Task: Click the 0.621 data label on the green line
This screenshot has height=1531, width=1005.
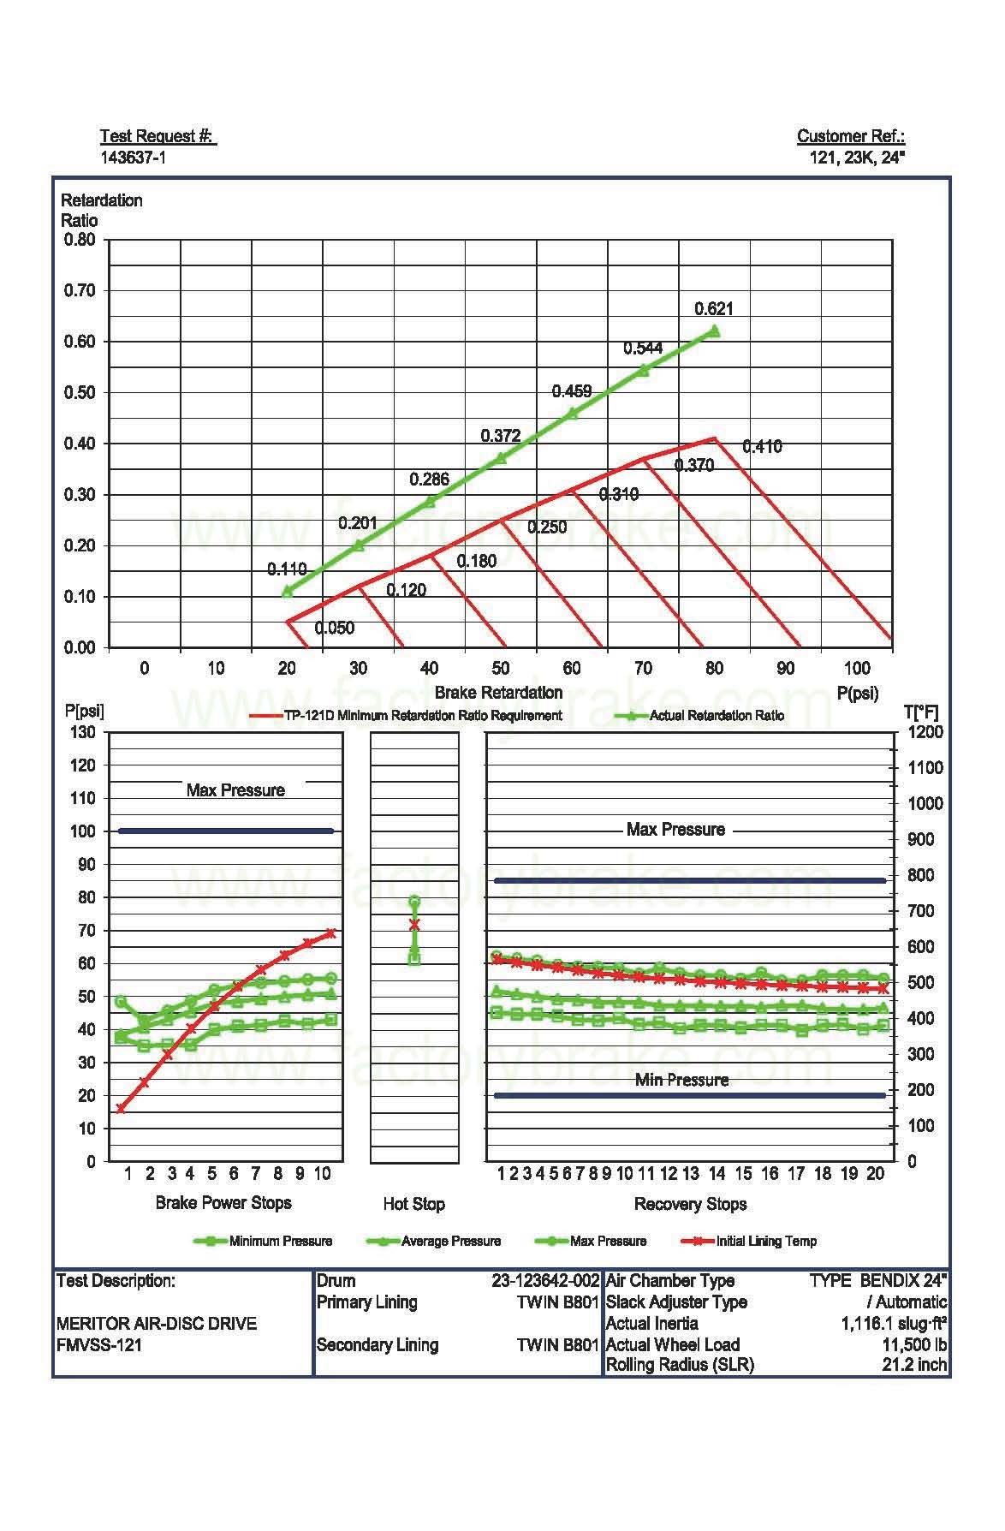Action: [x=713, y=309]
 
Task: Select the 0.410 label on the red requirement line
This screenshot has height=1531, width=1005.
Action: [x=761, y=446]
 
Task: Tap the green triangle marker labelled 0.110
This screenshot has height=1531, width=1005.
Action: [x=287, y=590]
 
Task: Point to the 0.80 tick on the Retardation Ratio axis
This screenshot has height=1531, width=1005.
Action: [x=80, y=240]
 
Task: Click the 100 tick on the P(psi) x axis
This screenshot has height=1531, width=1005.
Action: [x=856, y=668]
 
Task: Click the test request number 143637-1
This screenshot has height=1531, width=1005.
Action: [x=134, y=158]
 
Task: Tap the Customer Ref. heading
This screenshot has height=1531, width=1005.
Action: [x=850, y=136]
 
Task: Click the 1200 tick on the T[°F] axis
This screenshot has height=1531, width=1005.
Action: [x=925, y=732]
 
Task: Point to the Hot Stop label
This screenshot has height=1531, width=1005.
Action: [x=413, y=1204]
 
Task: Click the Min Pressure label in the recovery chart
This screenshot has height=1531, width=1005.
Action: [x=681, y=1080]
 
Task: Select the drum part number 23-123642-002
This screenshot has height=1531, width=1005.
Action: [x=544, y=1281]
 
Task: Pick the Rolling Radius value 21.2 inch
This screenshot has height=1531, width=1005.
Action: [x=914, y=1365]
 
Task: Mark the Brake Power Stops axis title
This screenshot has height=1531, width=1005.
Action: [x=223, y=1203]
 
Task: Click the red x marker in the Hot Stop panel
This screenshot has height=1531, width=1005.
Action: [x=414, y=924]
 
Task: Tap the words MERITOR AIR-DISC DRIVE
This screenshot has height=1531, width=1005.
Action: [x=156, y=1324]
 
